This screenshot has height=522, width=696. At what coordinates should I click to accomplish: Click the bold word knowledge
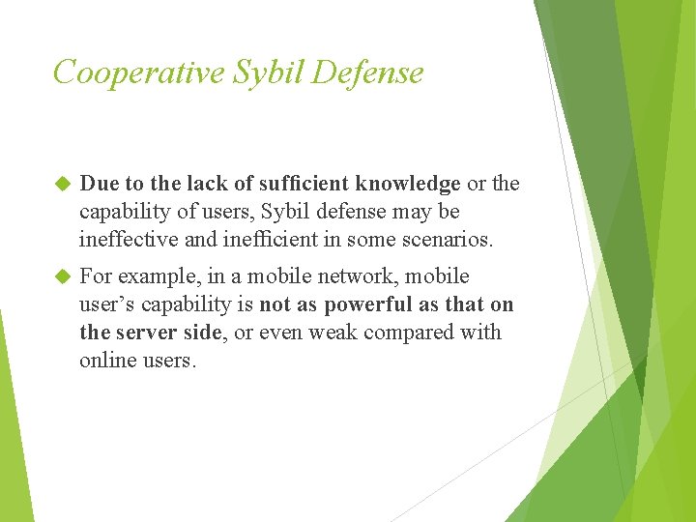pyautogui.click(x=408, y=184)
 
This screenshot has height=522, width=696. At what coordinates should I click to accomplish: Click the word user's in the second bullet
pyautogui.click(x=106, y=304)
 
